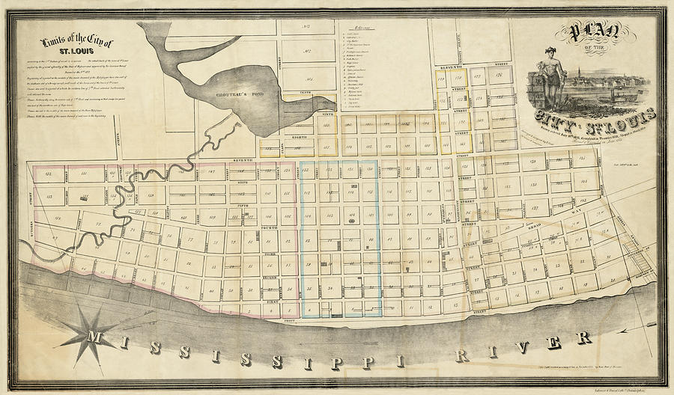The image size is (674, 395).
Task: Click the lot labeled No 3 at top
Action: pos(305,27)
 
